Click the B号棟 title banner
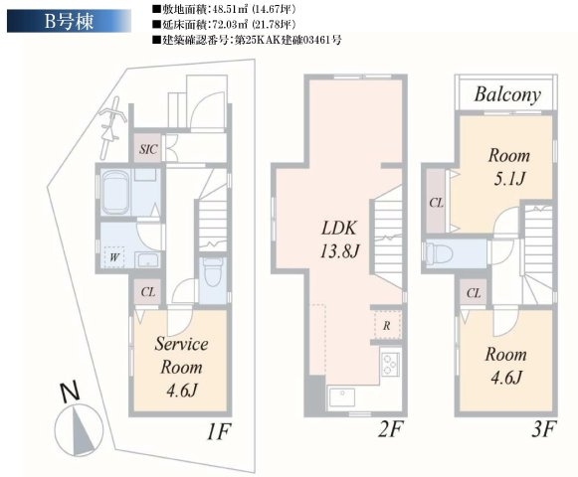(x=69, y=21)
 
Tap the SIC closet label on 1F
(x=148, y=149)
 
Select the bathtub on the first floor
(x=115, y=192)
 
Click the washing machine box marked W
(x=113, y=256)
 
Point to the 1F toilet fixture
(x=212, y=272)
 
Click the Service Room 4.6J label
(x=181, y=367)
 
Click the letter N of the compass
(x=70, y=393)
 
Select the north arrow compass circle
(x=79, y=429)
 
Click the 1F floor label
(x=218, y=431)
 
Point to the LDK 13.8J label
(x=339, y=239)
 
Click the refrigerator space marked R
(x=387, y=326)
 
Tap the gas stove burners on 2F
(x=390, y=364)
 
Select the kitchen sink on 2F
(x=341, y=397)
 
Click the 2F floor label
(x=390, y=429)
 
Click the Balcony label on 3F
(x=507, y=94)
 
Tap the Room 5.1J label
(x=509, y=167)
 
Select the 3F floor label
(x=543, y=429)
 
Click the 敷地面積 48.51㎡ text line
(x=224, y=9)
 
